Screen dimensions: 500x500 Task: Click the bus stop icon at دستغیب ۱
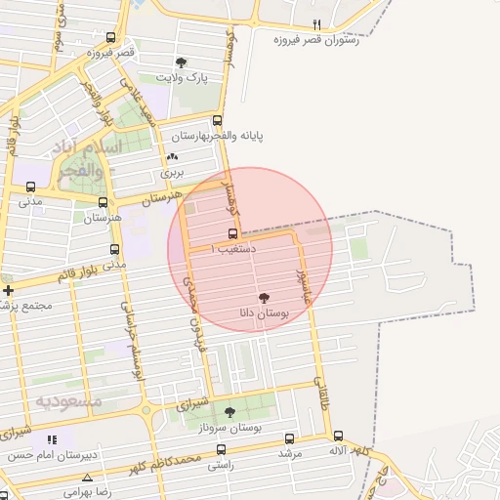click(x=232, y=233)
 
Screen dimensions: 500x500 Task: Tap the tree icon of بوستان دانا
click(x=264, y=297)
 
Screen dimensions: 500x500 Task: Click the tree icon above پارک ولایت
click(x=181, y=62)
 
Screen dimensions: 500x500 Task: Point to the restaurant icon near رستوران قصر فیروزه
click(x=316, y=24)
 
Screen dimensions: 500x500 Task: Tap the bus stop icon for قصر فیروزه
click(x=110, y=39)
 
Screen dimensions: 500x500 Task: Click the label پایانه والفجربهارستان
click(x=226, y=136)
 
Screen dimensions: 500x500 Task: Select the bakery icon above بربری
click(x=173, y=156)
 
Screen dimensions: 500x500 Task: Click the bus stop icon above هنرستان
click(x=102, y=202)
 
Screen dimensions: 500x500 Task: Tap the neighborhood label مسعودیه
click(x=68, y=400)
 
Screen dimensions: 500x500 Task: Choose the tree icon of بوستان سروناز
click(x=229, y=413)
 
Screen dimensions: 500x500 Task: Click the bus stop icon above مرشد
click(x=289, y=438)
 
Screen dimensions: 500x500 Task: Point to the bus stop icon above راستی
click(x=221, y=450)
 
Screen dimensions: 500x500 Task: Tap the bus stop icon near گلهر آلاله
click(x=338, y=437)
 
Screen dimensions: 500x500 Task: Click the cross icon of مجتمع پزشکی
click(x=8, y=290)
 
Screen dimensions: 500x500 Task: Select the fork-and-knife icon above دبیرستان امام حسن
click(x=51, y=440)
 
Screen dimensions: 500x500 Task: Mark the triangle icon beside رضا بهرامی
click(x=88, y=479)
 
